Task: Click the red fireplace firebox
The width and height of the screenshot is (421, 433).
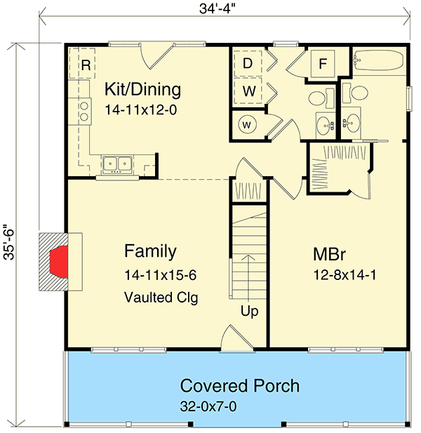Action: tap(60, 262)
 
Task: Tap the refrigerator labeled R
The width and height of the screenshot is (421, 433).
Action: tap(82, 64)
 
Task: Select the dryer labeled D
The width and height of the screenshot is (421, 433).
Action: tap(248, 64)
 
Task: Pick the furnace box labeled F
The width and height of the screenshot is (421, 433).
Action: tap(323, 64)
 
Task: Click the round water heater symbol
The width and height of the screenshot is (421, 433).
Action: tap(247, 124)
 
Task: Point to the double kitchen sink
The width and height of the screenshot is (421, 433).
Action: tap(117, 165)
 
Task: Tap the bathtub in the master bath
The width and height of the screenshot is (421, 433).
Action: tap(378, 60)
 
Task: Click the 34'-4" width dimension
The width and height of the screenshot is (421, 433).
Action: tap(217, 9)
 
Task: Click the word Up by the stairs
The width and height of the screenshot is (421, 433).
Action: tap(250, 312)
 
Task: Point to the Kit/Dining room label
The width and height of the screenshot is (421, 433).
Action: tap(142, 89)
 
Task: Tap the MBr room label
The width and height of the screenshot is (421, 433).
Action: tap(329, 254)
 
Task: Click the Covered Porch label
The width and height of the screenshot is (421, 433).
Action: tap(240, 385)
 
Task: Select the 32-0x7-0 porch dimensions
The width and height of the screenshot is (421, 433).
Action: tap(208, 406)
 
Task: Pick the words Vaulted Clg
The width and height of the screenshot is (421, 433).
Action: tap(161, 298)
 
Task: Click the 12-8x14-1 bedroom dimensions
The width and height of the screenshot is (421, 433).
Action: tap(345, 275)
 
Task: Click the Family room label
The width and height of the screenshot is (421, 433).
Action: tap(150, 251)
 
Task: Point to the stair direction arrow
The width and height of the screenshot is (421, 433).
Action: tap(249, 278)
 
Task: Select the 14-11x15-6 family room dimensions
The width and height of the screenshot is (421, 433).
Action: tap(160, 275)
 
